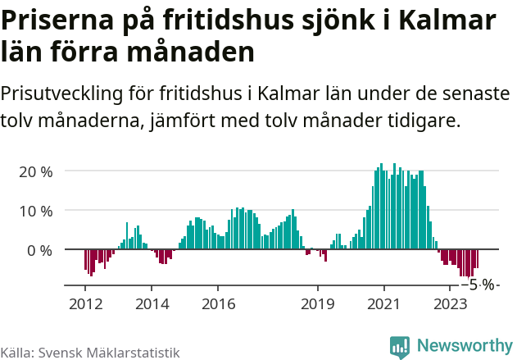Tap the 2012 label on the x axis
(x=85, y=304)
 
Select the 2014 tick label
(x=152, y=304)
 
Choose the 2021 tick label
(x=384, y=304)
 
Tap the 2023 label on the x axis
(x=451, y=304)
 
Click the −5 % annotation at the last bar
(x=479, y=285)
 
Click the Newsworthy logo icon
(x=400, y=347)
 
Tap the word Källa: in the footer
(x=17, y=353)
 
